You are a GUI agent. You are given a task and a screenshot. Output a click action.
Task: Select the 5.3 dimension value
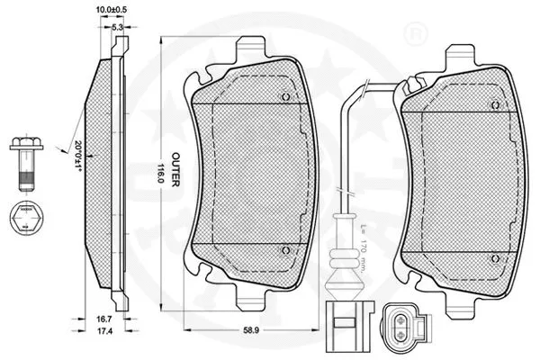(x=117, y=28)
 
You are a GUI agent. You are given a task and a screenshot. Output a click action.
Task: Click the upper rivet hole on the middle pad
(x=284, y=98)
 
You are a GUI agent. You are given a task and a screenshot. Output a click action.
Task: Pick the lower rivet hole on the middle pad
(x=284, y=249)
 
